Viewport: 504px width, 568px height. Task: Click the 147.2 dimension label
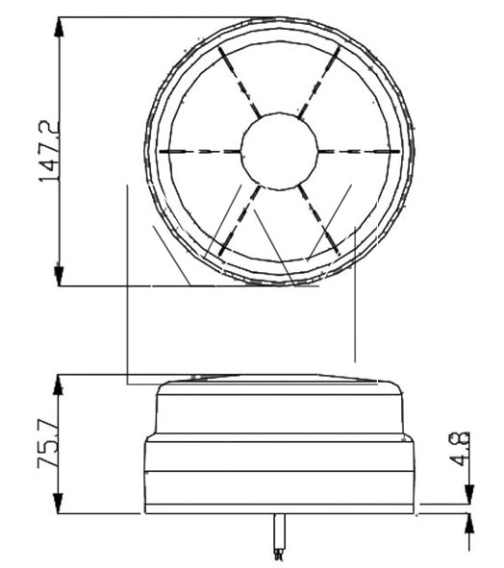tap(49, 151)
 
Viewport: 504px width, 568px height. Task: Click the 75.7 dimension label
tap(49, 444)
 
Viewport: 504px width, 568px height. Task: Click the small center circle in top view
tap(279, 151)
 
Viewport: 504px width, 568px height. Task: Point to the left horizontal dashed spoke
tap(200, 151)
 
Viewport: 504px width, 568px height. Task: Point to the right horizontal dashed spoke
tap(359, 151)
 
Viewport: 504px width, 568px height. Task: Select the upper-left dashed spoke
tap(239, 83)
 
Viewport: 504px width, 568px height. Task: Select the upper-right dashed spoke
tap(319, 83)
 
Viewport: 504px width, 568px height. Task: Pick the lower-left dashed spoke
tap(239, 220)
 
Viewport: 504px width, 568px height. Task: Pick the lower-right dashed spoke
tap(319, 220)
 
